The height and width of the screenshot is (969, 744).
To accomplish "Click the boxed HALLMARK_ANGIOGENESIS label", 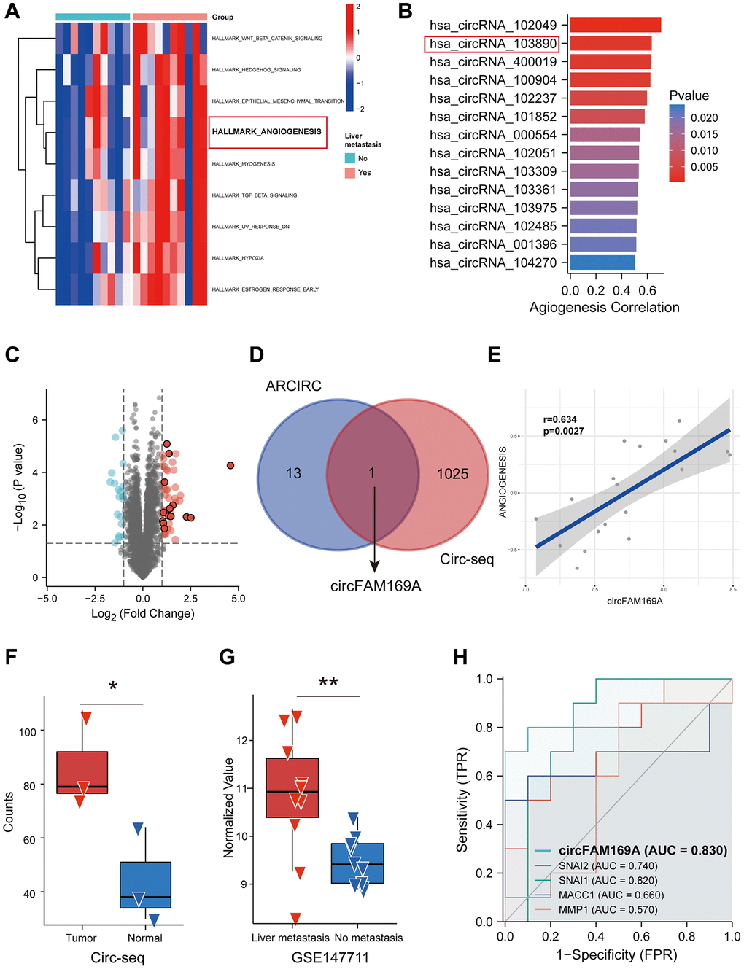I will pos(267,132).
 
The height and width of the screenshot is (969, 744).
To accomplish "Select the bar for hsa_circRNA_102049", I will pos(615,26).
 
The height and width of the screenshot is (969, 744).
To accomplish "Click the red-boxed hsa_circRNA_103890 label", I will pos(492,44).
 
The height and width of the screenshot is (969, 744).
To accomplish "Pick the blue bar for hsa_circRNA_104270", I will pos(602,262).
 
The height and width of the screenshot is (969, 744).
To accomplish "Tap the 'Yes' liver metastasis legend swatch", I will pos(350,173).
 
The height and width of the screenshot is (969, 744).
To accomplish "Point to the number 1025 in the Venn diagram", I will pos(452,474).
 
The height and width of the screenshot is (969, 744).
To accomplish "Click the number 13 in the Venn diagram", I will pos(293,474).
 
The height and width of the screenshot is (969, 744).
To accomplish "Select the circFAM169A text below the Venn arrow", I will pos(376,586).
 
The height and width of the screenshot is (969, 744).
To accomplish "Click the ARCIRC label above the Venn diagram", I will pos(293,386).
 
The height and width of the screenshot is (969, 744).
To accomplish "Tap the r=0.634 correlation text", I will pos(560,419).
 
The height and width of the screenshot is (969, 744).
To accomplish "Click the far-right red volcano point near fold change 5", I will pos(230,465).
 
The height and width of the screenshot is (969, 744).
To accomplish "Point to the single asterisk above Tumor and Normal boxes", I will pos(113,686).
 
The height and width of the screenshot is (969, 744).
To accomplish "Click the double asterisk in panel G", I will pos(328,682).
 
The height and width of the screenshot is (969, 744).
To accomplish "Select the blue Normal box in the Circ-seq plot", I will pos(146,884).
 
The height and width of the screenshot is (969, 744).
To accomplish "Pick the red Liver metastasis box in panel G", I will pos(292,787).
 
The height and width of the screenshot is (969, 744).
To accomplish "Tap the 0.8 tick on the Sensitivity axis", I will pos(485,727).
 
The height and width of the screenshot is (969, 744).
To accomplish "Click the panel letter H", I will pos(460,657).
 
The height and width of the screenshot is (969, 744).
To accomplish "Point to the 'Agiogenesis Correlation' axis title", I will pos(604,308).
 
